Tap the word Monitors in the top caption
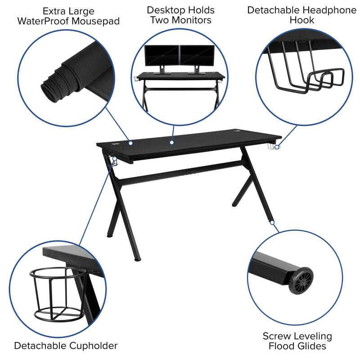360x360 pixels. tap(189, 20)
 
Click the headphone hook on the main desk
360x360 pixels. tap(272, 147)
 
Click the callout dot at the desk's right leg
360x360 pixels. tap(272, 222)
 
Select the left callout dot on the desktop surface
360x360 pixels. tap(130, 143)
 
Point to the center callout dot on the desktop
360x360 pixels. tap(171, 143)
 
